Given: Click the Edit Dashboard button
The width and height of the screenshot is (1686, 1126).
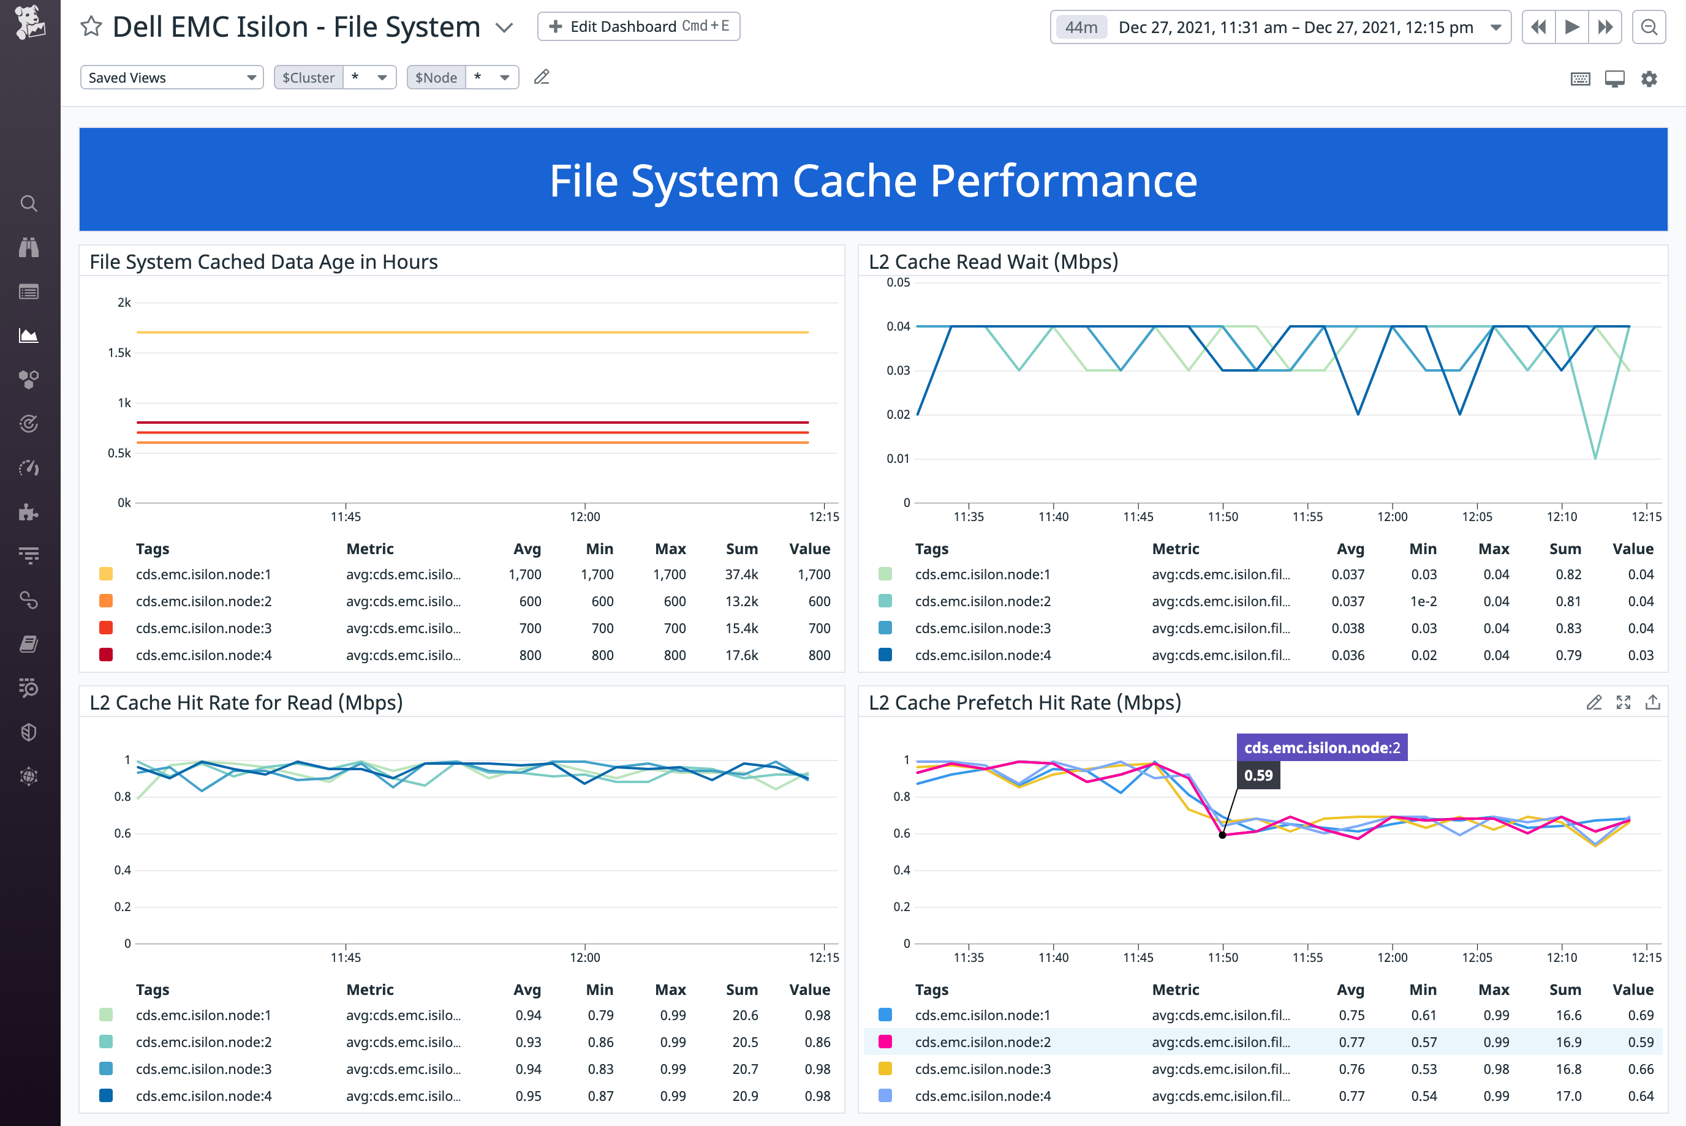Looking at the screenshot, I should [x=638, y=26].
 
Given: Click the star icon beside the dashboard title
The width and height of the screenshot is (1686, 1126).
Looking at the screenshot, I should [x=91, y=26].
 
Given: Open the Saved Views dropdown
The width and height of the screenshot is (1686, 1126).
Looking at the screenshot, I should [x=172, y=78].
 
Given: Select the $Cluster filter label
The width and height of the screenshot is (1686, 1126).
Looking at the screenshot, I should [x=308, y=78].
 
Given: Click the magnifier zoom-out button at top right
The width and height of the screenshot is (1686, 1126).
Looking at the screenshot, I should [x=1649, y=28].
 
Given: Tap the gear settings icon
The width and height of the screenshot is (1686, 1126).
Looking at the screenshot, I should [x=1649, y=79].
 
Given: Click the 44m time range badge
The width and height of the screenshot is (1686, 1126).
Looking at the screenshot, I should [x=1081, y=28].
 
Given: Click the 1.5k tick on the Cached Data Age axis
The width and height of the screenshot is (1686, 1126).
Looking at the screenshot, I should [x=119, y=353].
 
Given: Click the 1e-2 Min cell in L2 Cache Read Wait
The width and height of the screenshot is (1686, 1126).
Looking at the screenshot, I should [x=1423, y=601].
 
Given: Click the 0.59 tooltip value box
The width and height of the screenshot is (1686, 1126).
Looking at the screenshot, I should [x=1258, y=776].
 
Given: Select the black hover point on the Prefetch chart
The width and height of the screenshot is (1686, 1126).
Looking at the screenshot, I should [x=1222, y=835].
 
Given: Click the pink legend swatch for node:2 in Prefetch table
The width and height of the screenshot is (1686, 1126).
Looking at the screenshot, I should [x=885, y=1042].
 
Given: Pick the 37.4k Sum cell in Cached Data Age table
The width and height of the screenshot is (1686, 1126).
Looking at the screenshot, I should [x=741, y=574].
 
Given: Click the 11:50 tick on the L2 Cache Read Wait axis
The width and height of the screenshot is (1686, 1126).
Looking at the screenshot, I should [x=1222, y=516].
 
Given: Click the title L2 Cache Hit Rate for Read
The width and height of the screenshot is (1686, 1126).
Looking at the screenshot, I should [x=246, y=702].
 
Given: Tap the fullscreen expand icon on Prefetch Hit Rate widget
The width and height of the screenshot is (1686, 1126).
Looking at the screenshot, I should [x=1623, y=702].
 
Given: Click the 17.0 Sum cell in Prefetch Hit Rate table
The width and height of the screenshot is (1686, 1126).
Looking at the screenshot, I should [x=1568, y=1096].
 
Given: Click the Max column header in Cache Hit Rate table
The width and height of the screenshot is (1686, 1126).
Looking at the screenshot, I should [x=670, y=989].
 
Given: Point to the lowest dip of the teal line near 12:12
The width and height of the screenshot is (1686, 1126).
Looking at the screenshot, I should [x=1595, y=457].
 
